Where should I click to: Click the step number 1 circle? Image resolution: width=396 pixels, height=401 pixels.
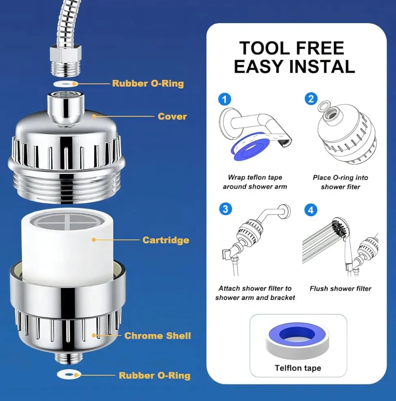pos(225,99)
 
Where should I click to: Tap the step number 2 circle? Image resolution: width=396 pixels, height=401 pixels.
pos(311,99)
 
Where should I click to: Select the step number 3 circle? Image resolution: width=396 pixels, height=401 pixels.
pos(226,209)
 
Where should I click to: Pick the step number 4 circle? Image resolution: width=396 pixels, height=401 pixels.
pos(311,210)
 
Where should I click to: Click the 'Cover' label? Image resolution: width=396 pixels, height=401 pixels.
pos(172,116)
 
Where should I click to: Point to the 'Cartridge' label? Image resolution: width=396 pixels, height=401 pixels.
pos(166,240)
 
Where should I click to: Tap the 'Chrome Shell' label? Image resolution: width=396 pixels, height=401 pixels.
pos(157,336)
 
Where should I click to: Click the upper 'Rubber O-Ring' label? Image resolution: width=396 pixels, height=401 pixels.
pos(148,83)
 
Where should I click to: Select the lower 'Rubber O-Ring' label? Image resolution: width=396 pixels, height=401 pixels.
pos(155,375)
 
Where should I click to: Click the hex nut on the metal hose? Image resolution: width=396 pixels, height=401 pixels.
pos(66,52)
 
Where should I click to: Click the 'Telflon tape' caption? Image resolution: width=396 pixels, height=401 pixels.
pos(298,368)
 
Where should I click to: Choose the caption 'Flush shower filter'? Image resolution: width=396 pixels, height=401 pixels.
pos(341,289)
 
